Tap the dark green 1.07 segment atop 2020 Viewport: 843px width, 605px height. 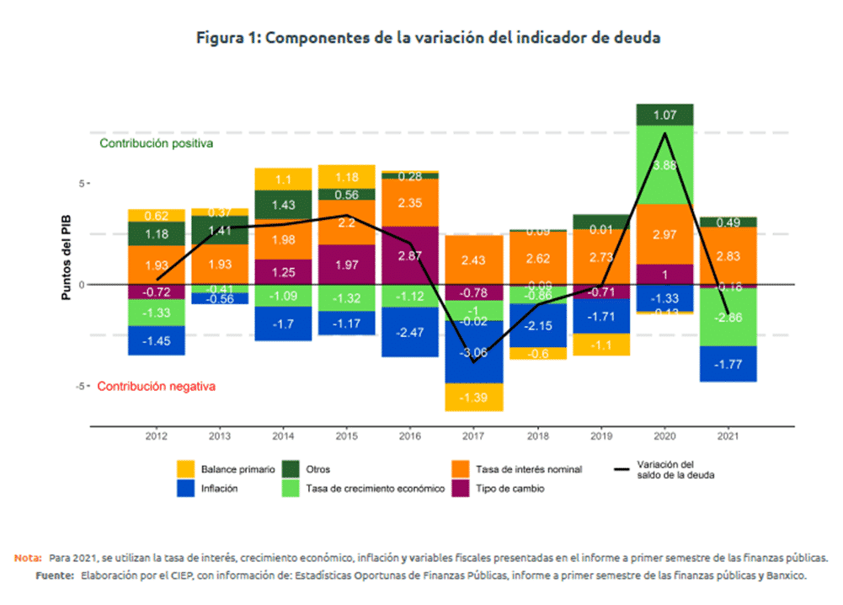click(664, 115)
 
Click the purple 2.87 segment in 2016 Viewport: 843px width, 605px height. click(409, 254)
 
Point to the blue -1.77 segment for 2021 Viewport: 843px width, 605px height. click(728, 364)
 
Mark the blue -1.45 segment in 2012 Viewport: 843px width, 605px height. click(156, 340)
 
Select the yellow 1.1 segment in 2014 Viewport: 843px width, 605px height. click(283, 179)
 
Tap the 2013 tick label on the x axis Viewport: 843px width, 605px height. click(219, 436)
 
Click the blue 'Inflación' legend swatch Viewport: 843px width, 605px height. click(186, 489)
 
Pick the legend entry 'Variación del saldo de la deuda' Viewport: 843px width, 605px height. click(665, 469)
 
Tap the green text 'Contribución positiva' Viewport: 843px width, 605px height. click(156, 143)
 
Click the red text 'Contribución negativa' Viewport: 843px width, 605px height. click(156, 387)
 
